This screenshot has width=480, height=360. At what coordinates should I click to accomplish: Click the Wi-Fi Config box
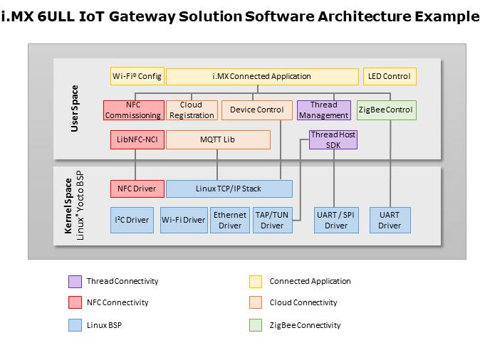click(137, 76)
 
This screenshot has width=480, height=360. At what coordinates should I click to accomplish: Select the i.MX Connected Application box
click(261, 76)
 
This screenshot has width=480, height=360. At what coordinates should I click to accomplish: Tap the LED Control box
click(390, 76)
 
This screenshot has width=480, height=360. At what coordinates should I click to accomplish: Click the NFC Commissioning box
click(133, 110)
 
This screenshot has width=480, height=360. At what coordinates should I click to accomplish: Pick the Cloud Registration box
click(191, 110)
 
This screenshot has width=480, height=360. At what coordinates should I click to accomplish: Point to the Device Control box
click(256, 110)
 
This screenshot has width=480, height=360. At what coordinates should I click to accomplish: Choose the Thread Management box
click(323, 110)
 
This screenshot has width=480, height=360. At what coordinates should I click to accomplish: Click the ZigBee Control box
click(386, 110)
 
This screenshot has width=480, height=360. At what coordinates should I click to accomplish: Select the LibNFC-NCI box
click(137, 139)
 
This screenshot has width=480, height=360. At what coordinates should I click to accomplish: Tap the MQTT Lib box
click(218, 139)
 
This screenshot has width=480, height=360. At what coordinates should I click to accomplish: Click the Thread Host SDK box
click(333, 139)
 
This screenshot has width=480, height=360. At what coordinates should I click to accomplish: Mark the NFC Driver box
click(137, 189)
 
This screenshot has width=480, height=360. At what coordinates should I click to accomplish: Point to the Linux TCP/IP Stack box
click(229, 189)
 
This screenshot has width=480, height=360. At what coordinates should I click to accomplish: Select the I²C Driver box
click(132, 220)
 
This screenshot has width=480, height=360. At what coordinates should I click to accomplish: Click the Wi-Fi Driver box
click(183, 220)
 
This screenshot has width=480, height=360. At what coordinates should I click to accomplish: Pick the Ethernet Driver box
click(229, 220)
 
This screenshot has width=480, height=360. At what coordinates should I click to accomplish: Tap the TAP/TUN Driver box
click(271, 220)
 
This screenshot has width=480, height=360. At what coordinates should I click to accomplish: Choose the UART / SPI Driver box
click(336, 220)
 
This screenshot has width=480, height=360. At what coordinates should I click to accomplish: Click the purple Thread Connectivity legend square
click(74, 281)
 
